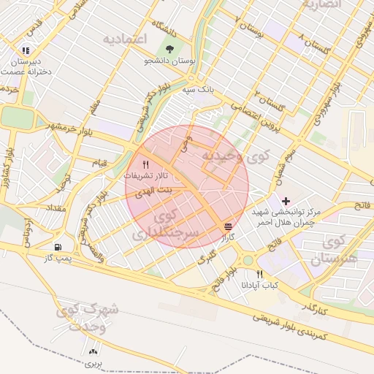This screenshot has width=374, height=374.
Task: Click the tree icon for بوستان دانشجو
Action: coord(170,49)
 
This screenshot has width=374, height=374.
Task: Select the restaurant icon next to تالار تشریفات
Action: coord(145,164)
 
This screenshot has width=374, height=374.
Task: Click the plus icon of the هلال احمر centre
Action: coord(286,200)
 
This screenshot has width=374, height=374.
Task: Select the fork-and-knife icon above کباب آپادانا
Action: coord(259,274)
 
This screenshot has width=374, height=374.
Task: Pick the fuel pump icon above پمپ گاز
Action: coord(58,247)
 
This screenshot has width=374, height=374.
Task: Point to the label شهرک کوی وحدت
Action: coord(90,318)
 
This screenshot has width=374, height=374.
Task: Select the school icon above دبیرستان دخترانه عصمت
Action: coord(26,51)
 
